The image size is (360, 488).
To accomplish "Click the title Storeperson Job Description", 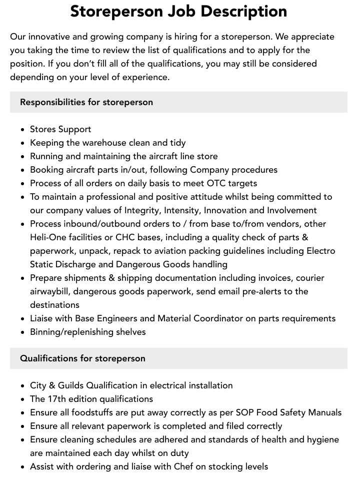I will coord(178,11).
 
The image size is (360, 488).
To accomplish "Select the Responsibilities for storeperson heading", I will coord(86,102).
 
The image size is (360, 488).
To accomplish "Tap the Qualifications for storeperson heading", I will coord(82,358).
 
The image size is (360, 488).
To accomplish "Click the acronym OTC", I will coord(217,183).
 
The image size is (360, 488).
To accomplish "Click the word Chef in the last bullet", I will coord(186,466).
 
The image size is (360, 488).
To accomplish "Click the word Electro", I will coord(320,251).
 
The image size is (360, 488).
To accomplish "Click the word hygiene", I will coord(321,439).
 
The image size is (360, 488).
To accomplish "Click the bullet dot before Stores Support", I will coord(23,130).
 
